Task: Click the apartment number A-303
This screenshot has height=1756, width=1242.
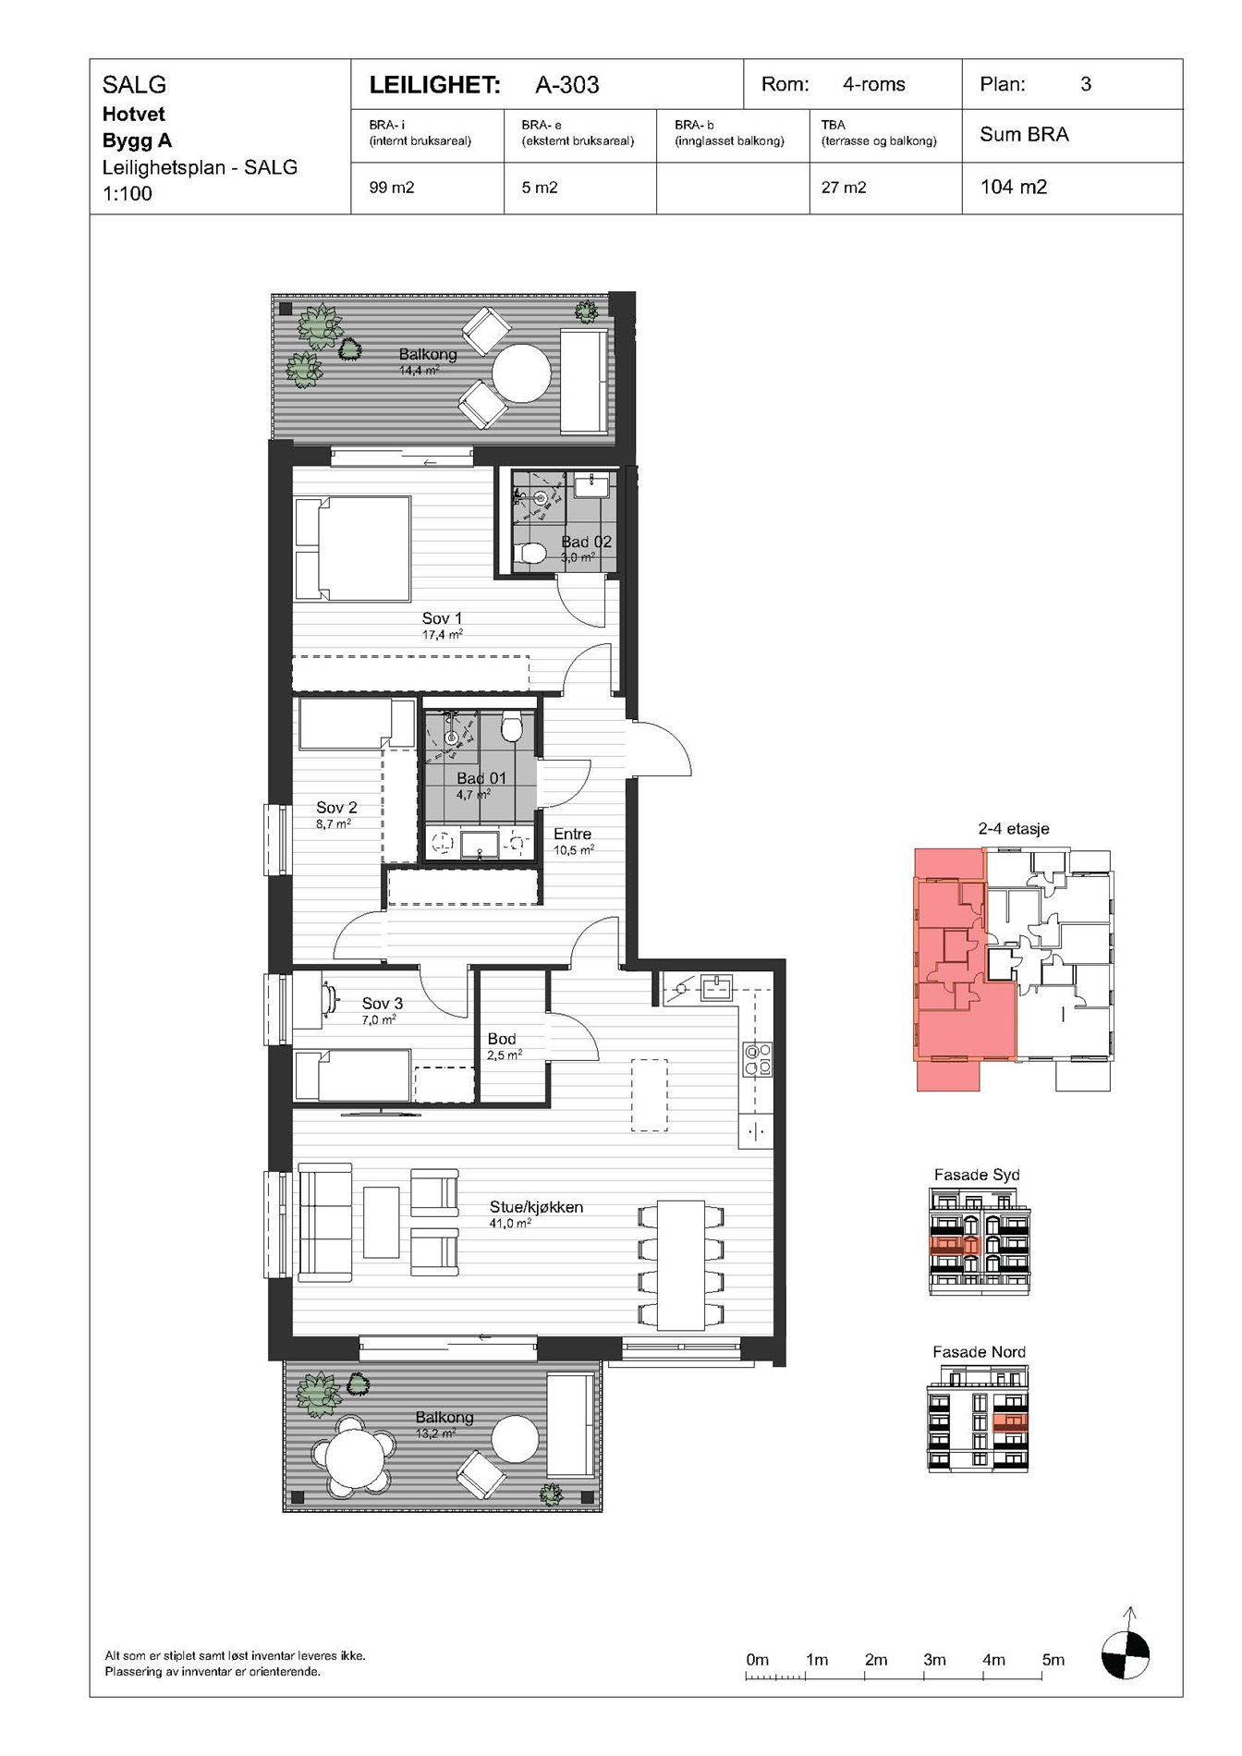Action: click(567, 85)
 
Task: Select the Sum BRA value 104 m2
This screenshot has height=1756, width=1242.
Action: click(1013, 187)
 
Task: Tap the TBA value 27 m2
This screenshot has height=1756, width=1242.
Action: click(844, 188)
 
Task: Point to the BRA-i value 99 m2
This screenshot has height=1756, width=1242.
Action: click(392, 188)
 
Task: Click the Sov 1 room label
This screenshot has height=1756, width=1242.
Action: click(442, 618)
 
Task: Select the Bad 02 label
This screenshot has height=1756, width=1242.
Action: click(586, 542)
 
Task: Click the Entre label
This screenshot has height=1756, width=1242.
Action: click(572, 834)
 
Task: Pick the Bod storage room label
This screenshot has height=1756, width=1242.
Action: click(502, 1039)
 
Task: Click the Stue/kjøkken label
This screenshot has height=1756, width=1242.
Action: click(536, 1207)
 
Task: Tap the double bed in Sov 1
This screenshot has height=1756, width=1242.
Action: click(352, 549)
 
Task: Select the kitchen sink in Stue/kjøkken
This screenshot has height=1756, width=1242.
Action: click(717, 988)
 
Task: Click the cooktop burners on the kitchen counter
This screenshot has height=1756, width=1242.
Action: click(757, 1058)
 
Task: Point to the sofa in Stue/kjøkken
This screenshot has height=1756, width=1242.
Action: click(324, 1223)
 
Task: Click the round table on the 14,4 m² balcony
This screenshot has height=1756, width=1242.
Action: click(521, 373)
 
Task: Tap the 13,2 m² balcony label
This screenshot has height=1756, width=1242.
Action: click(444, 1417)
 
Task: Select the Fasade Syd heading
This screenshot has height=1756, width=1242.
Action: click(977, 1175)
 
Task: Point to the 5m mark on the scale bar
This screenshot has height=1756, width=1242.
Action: click(1053, 1660)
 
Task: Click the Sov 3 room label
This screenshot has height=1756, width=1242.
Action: click(382, 1003)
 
